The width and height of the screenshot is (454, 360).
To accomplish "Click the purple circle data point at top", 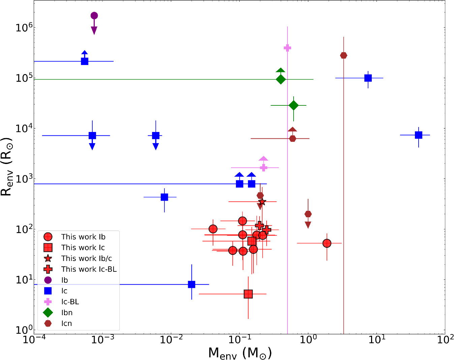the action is coord(94,15).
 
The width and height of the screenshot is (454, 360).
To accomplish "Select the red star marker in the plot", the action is coord(262,202).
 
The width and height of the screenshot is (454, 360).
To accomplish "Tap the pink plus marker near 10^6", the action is coord(287,48).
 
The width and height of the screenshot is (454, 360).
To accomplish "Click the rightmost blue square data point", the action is coord(419,135).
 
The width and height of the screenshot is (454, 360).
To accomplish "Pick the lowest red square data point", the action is coord(248,294).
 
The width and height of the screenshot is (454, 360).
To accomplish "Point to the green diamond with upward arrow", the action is coord(281,79).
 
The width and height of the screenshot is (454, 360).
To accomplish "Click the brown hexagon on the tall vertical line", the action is coord(344,56).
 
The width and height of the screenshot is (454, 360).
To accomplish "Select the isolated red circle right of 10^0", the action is coord(327,243).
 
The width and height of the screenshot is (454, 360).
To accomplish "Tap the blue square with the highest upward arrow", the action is coord(85,61).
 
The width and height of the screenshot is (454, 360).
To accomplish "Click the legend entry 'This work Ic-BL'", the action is coord(80,269).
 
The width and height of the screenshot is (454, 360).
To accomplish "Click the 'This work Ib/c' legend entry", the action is coord(78,258).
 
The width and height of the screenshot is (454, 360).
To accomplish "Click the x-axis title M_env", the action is coord(240,353).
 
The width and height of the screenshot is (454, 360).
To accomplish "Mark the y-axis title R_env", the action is coord(6,166).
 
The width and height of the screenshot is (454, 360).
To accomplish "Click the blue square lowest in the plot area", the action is coord(191,284).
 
